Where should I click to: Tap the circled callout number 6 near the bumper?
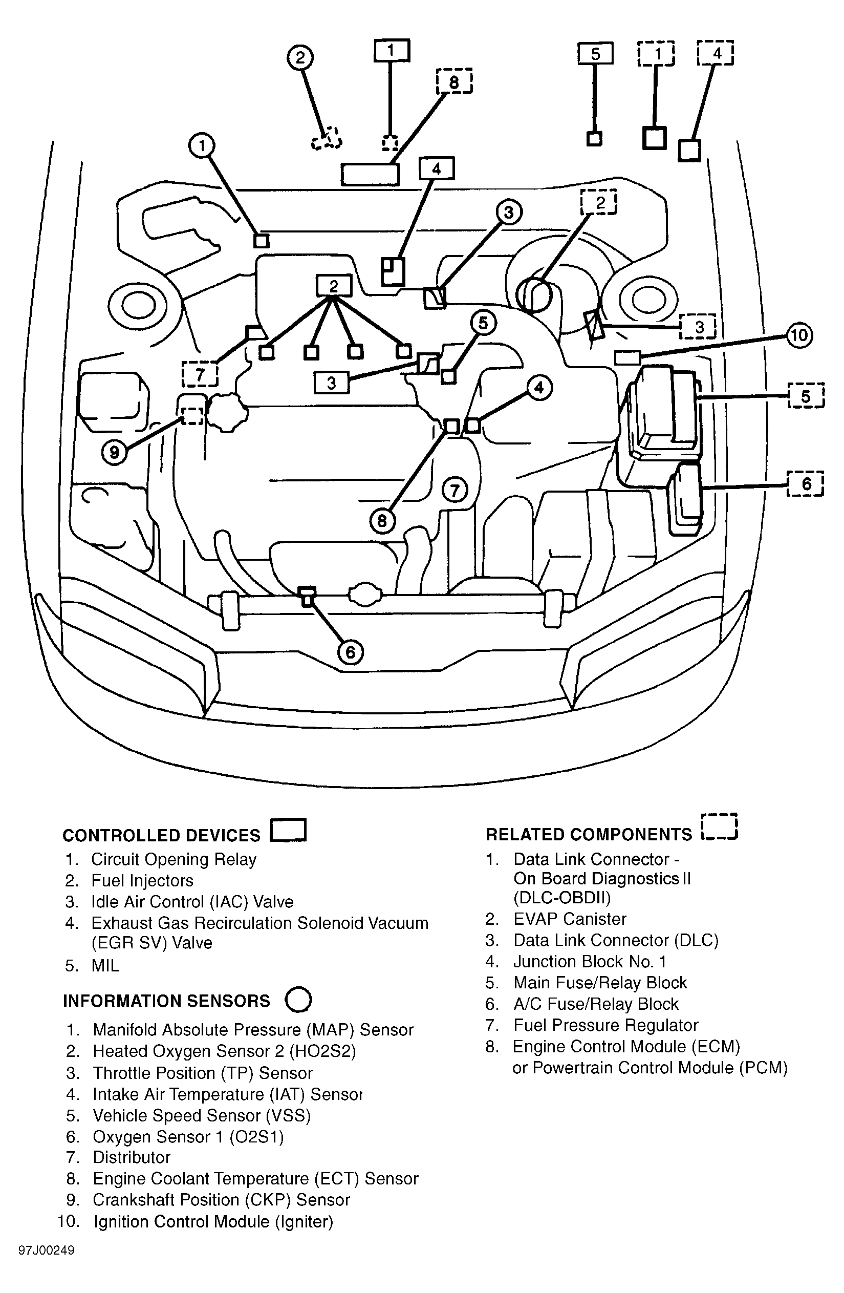coord(350,652)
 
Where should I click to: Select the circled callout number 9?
coord(114,452)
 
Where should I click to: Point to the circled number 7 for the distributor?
coord(455,491)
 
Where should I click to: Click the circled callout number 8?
coord(382,521)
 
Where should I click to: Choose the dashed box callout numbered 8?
coord(454,81)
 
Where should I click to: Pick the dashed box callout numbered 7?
coord(200,374)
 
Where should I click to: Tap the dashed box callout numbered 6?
coord(806,483)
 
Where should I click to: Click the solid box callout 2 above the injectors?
coord(334,286)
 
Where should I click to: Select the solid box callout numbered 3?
coord(331,383)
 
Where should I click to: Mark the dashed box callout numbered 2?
coord(599,202)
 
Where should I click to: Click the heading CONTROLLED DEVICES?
coord(161,835)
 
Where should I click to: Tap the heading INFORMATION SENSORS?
coord(166,1001)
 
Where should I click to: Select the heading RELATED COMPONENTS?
coord(589,834)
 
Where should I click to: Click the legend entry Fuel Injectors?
coord(142,880)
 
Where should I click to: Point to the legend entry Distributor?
coord(132,1157)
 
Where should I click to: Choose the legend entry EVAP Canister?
coord(570,919)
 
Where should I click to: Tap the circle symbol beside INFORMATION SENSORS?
coord(298,1000)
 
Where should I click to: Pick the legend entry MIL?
coord(105,965)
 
